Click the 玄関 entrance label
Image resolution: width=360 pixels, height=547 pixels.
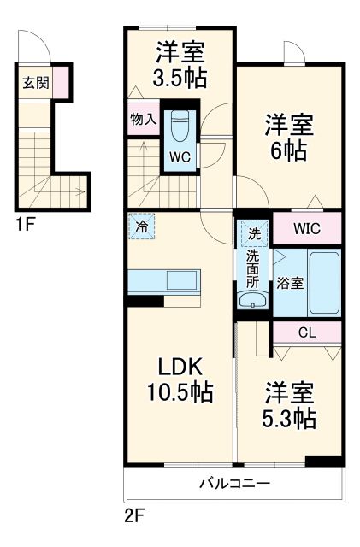click(x=35, y=83)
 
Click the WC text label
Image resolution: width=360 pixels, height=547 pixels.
click(x=180, y=156)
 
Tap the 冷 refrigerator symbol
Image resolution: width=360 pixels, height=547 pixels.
click(x=142, y=228)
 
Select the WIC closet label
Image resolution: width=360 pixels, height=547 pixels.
click(x=307, y=229)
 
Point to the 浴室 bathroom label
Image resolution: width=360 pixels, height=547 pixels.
click(x=289, y=284)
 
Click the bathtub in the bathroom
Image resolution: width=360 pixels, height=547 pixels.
click(x=323, y=283)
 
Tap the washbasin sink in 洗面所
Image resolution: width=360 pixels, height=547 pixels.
click(x=252, y=300)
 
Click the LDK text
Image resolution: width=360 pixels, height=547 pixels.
click(x=180, y=366)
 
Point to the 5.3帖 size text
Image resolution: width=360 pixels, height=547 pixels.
click(x=290, y=419)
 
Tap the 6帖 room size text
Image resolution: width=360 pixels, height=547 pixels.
click(x=290, y=152)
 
